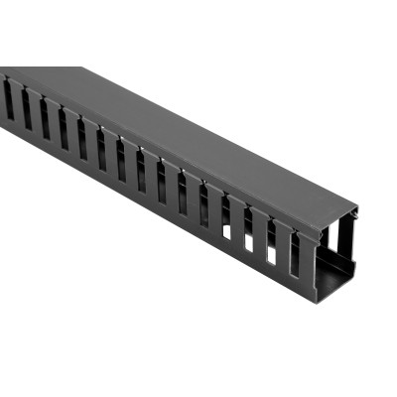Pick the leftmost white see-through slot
(x=227, y=230)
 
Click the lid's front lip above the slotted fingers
(x=149, y=139)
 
